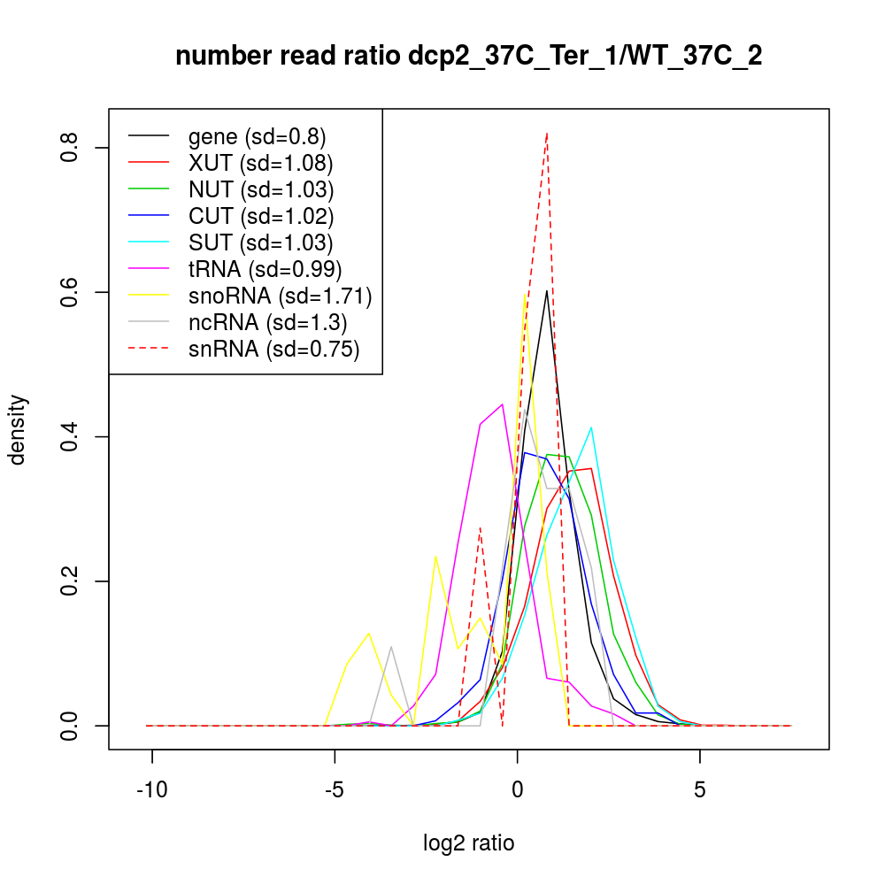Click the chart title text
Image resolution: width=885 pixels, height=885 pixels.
tap(469, 56)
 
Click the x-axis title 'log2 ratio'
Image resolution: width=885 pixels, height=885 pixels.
tap(469, 843)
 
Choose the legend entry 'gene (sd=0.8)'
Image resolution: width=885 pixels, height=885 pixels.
tap(257, 136)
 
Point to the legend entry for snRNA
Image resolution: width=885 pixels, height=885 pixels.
tap(273, 349)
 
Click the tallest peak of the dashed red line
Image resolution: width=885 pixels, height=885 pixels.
tap(547, 133)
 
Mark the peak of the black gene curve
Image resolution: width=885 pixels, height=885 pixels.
tap(547, 290)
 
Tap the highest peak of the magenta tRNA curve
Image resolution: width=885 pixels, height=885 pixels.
tap(503, 404)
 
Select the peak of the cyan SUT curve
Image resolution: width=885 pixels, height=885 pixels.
tap(591, 427)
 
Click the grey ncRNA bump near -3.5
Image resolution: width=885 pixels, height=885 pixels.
tap(391, 647)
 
